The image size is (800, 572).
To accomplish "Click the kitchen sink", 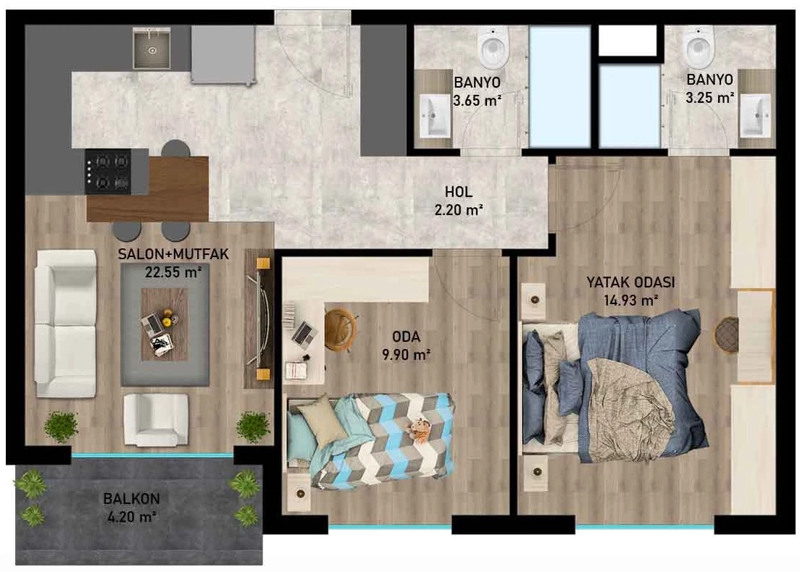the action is (x=151, y=48).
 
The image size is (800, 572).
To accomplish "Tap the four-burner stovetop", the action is (x=108, y=172).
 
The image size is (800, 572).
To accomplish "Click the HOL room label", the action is (x=459, y=192).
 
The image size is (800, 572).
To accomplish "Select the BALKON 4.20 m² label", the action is (x=132, y=508).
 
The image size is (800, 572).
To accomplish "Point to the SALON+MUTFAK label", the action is (x=173, y=254).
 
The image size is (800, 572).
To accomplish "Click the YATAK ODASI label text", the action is (x=630, y=282).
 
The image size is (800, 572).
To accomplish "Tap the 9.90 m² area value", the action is (x=407, y=354).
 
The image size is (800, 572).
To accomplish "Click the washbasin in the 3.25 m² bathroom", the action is (x=756, y=116).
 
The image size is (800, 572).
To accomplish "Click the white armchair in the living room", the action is (x=156, y=419).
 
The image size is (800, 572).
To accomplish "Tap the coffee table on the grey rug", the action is (x=164, y=324).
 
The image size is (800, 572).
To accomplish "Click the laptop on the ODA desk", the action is (x=304, y=333).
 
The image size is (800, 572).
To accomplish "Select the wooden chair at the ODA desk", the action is (x=341, y=329).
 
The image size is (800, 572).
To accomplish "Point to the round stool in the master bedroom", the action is (x=726, y=335).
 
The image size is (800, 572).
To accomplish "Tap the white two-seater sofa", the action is (x=66, y=323).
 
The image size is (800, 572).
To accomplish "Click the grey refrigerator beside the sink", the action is (x=223, y=54).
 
